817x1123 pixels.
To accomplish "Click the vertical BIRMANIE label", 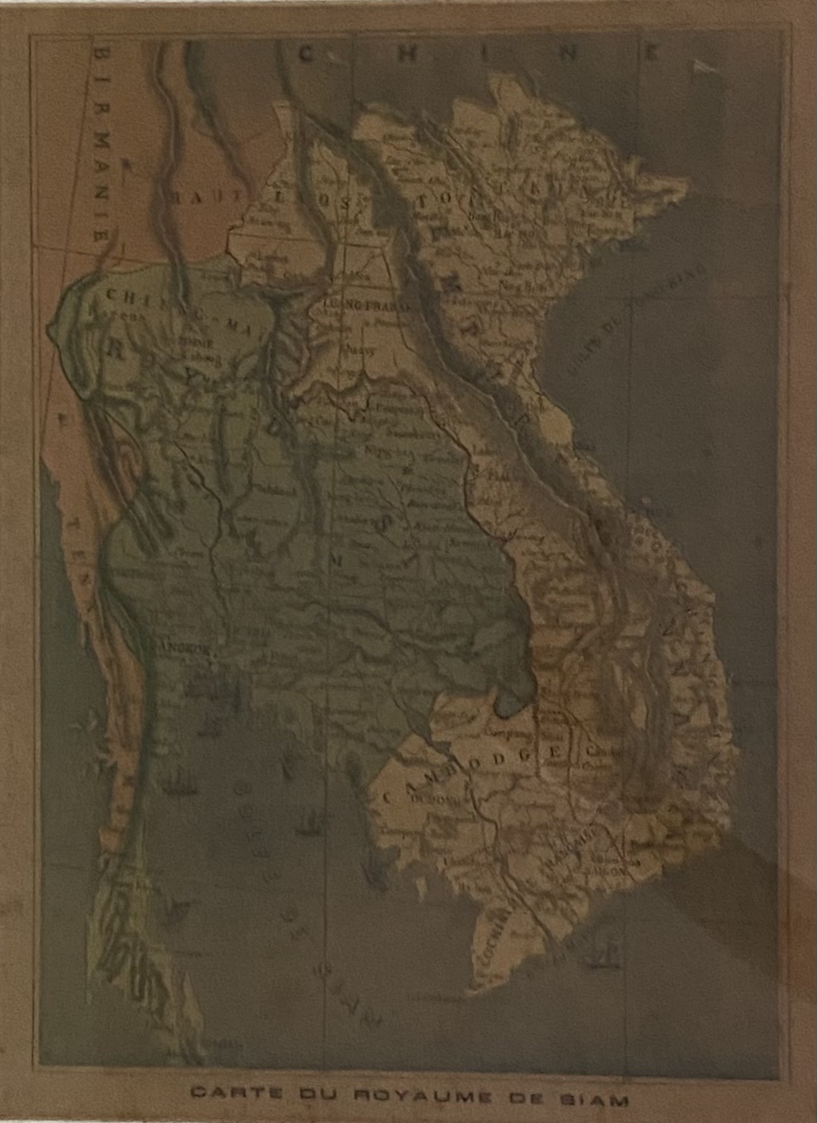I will (x=101, y=143).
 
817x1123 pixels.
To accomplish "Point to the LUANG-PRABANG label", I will (x=362, y=305).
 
